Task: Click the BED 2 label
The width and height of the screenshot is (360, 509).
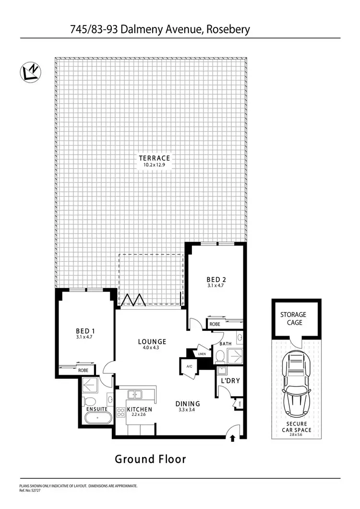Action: tap(216, 279)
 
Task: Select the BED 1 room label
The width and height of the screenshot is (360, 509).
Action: tap(86, 331)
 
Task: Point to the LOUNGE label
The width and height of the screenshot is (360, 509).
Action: tap(152, 342)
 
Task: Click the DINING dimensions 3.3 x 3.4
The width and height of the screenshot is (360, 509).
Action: tap(187, 410)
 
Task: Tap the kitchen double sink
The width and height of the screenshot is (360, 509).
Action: tap(134, 394)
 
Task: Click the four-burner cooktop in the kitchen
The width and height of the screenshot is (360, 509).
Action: tap(120, 411)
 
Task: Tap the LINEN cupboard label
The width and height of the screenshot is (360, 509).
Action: tap(202, 354)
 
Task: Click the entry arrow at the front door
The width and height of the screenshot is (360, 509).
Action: tap(233, 438)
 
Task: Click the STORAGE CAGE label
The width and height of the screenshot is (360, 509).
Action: tap(293, 319)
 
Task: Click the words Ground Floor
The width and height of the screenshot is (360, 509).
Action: tap(150, 459)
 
